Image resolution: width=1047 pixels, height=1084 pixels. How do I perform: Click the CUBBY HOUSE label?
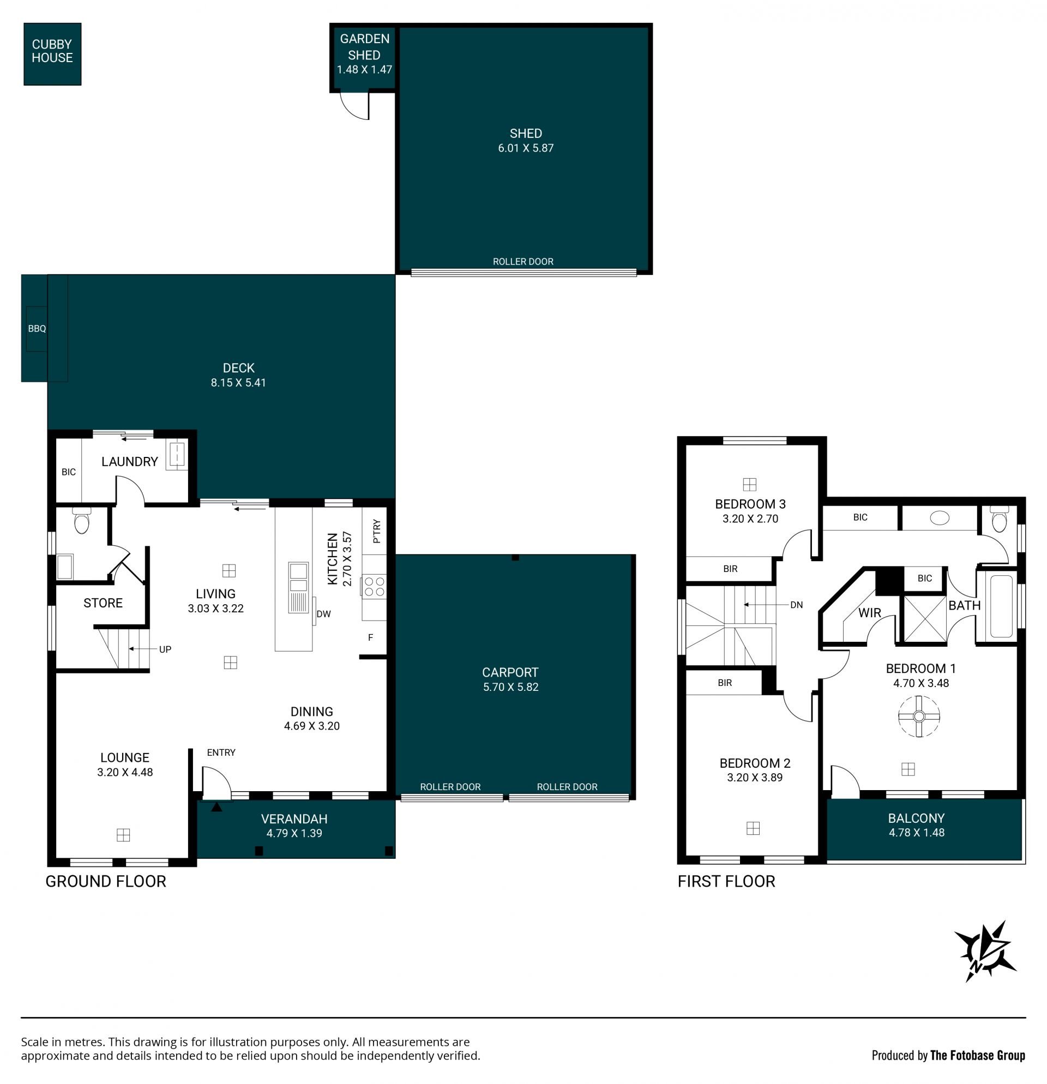tap(52, 51)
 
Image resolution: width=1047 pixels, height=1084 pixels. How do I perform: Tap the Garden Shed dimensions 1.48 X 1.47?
tap(364, 70)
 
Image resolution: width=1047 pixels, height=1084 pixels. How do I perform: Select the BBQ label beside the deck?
tap(37, 328)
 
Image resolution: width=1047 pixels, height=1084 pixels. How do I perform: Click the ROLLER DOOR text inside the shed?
tap(523, 262)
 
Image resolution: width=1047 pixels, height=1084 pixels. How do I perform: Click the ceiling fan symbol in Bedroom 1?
tap(919, 717)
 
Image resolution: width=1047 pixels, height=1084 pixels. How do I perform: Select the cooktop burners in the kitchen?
tap(375, 587)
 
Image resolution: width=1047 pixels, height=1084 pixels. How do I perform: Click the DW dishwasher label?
tap(323, 614)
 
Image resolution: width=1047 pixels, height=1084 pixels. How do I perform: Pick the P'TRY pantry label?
tap(377, 531)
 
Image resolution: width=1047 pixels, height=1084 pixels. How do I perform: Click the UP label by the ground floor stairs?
tap(165, 649)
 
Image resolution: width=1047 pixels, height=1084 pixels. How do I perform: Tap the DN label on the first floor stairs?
tap(797, 605)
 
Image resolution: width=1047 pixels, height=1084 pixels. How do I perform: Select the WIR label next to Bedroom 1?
tap(869, 613)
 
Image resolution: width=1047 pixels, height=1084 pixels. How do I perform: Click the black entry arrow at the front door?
tap(217, 807)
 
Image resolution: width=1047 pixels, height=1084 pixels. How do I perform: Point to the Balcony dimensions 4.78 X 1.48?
tap(917, 832)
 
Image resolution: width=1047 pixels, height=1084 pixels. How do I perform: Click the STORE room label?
tap(103, 603)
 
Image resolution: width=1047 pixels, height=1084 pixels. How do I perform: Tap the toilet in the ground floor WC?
tap(81, 520)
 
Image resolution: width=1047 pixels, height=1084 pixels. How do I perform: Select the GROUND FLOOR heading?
tap(106, 882)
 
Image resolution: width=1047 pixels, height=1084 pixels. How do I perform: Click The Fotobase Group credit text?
tap(977, 1056)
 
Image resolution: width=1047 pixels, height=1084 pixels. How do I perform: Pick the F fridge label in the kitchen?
tap(371, 637)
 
